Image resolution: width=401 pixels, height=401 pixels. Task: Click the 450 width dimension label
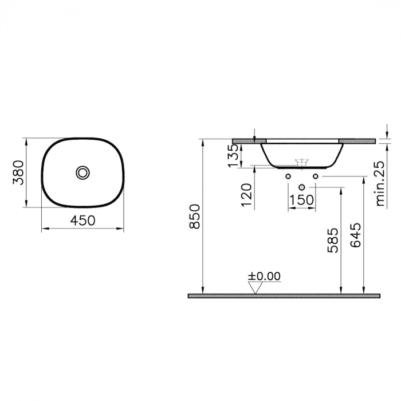[x=83, y=220]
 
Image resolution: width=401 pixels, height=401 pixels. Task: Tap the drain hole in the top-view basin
[x=84, y=172]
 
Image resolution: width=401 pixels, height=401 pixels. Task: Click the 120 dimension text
[x=246, y=195]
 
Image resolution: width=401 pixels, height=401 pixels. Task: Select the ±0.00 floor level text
[x=264, y=276]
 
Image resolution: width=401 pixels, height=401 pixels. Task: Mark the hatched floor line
[x=284, y=296]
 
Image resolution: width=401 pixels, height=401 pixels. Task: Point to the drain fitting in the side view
[x=301, y=162]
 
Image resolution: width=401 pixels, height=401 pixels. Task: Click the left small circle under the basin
[x=288, y=176]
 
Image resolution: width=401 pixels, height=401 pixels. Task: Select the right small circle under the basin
[x=315, y=176]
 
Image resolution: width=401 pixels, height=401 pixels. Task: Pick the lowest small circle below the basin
[x=301, y=187]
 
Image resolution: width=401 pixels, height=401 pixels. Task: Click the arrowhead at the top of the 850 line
[x=202, y=141]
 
